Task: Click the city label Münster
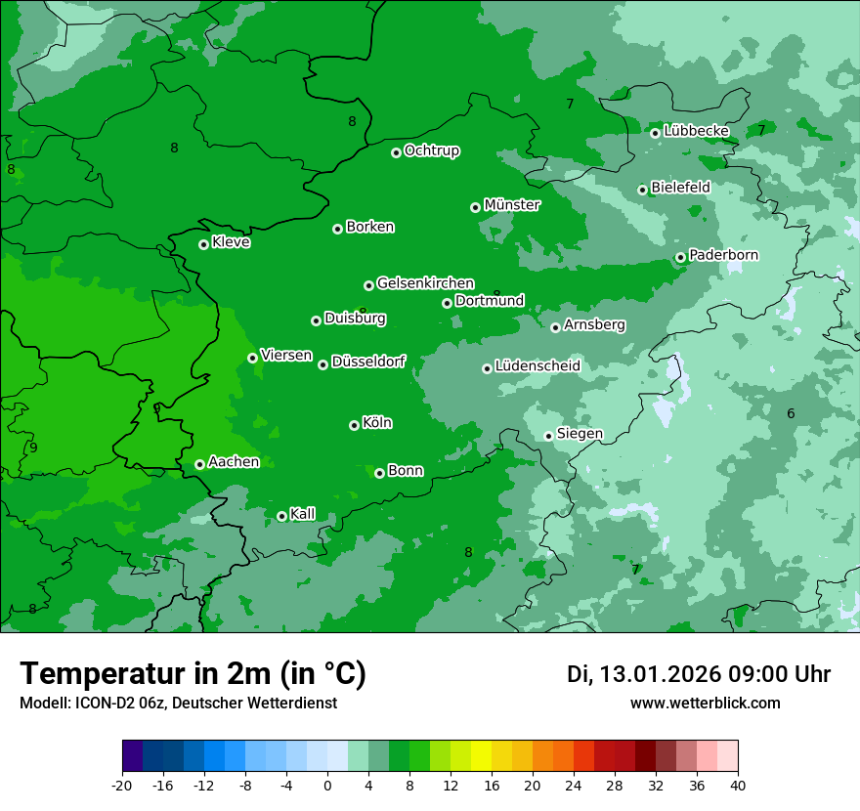click(512, 205)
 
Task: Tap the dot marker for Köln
click(354, 425)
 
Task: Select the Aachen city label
click(234, 462)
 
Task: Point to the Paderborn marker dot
click(680, 258)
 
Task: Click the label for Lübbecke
click(696, 131)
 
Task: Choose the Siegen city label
click(580, 434)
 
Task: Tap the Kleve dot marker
click(203, 244)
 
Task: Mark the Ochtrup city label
click(432, 150)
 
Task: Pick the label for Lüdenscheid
click(537, 366)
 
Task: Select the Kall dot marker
click(281, 516)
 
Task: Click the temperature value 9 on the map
click(33, 448)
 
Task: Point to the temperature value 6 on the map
click(791, 413)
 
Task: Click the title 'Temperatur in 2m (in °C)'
click(193, 674)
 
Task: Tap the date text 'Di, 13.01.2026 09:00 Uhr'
click(699, 674)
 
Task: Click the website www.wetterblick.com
click(705, 703)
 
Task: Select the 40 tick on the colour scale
click(737, 785)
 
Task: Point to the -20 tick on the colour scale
click(122, 785)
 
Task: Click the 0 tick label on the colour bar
click(327, 785)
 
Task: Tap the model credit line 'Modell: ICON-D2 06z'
click(178, 703)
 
